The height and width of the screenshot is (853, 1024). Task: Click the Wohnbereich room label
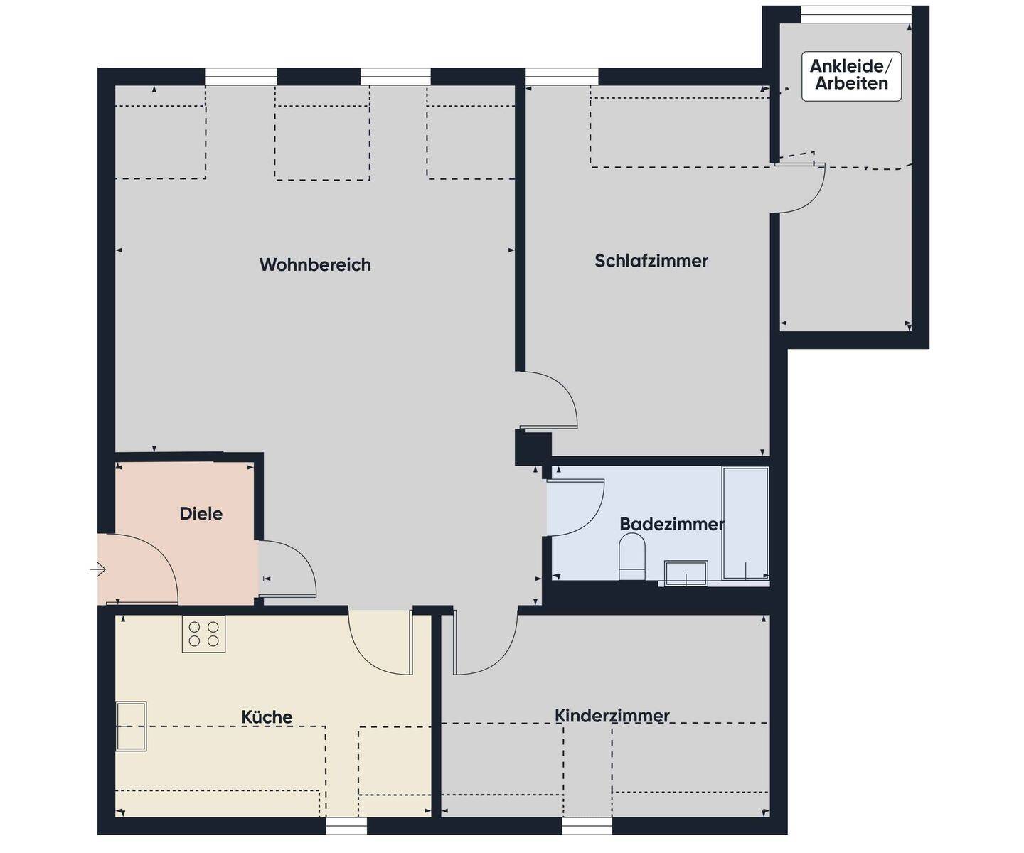315,264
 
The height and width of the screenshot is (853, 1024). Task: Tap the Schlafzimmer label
651,261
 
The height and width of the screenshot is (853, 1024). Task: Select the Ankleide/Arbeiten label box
851,75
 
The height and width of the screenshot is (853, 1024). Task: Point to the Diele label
201,513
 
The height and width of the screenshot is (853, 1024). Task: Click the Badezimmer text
671,524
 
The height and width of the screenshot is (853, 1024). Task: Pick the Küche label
267,717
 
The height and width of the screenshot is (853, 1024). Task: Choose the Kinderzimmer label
612,715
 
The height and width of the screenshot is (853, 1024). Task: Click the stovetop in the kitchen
203,634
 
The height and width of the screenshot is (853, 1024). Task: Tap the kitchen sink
132,726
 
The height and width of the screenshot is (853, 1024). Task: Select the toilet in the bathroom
631,555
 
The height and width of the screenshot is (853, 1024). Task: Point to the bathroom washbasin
686,572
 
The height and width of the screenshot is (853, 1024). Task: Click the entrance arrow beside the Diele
98,569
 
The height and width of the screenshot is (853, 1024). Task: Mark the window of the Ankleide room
855,14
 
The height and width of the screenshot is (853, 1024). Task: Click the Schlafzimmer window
561,76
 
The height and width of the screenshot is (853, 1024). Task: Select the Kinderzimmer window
587,825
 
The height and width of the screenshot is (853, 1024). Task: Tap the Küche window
346,825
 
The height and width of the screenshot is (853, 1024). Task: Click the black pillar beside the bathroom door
533,448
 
